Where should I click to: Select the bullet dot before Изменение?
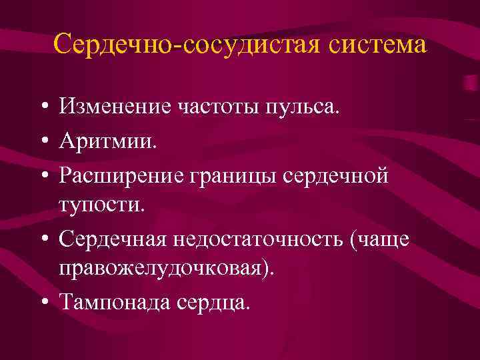coord(43,106)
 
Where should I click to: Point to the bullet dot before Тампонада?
coord(43,303)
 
